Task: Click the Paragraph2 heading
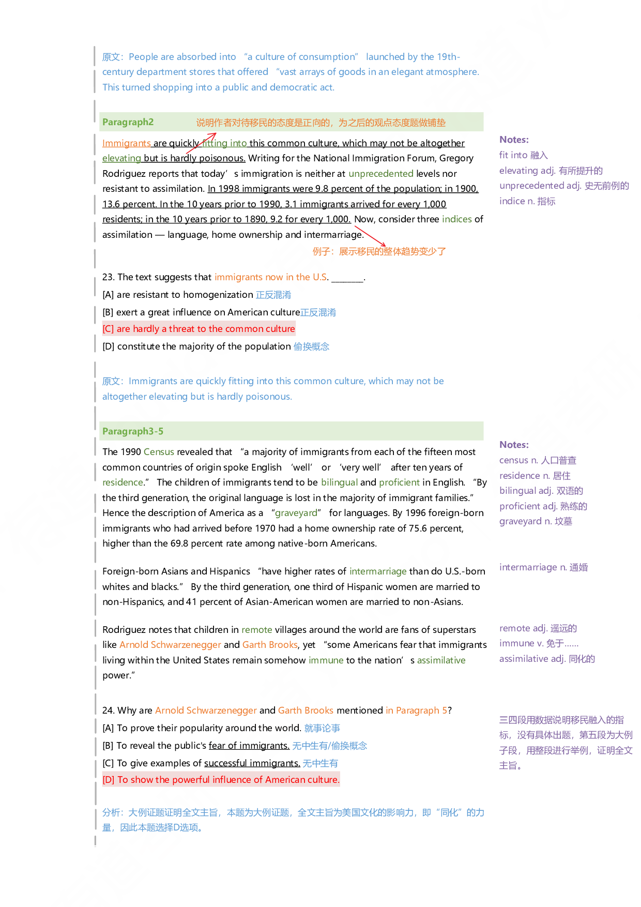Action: coord(128,122)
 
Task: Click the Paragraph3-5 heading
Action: coord(132,431)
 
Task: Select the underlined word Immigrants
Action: coord(126,143)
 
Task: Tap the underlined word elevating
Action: coord(121,158)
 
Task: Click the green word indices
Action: coord(456,219)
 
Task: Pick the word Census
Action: coord(159,452)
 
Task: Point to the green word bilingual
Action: coord(339,482)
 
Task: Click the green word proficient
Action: coord(399,482)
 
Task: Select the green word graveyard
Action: coord(296,513)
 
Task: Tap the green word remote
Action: coord(256,630)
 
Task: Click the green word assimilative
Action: coord(441,660)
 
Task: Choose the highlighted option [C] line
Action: coord(199,329)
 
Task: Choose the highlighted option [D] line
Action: coord(221,780)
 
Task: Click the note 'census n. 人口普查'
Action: coord(538,460)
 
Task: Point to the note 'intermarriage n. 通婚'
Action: coord(543,567)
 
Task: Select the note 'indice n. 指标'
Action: coord(527,201)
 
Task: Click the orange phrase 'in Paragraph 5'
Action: coord(416,711)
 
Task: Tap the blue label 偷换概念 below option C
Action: coord(311,346)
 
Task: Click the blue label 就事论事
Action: coord(322,728)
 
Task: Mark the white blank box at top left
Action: coord(97,28)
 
